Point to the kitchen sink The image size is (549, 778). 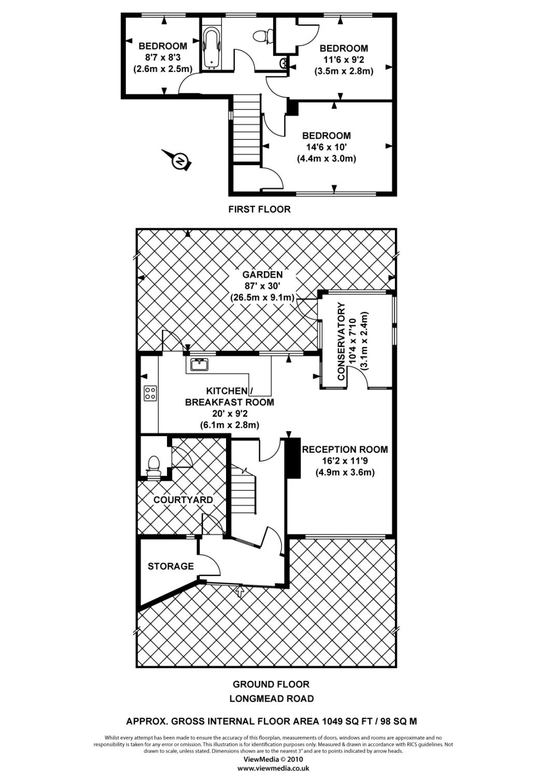pyautogui.click(x=199, y=364)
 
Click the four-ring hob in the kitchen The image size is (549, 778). pyautogui.click(x=150, y=393)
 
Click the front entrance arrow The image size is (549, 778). pyautogui.click(x=240, y=591)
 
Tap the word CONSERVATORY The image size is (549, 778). pyautogui.click(x=342, y=342)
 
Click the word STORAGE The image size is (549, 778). pyautogui.click(x=171, y=566)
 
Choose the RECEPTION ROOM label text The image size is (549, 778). pyautogui.click(x=345, y=450)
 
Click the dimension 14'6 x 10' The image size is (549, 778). pyautogui.click(x=326, y=147)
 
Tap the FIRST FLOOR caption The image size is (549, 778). pyautogui.click(x=260, y=210)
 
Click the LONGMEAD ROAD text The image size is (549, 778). pyautogui.click(x=272, y=699)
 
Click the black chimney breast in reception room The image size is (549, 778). pyautogui.click(x=293, y=458)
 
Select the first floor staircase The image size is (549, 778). pyautogui.click(x=246, y=130)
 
